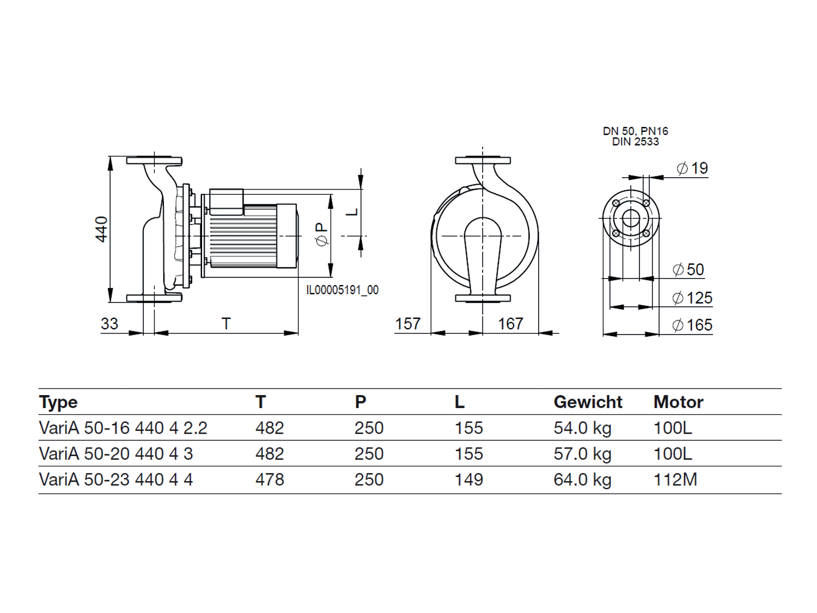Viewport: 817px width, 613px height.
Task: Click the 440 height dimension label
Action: pos(102,229)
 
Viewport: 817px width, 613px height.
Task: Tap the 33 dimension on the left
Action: pos(109,324)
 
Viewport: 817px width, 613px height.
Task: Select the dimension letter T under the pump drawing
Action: pos(226,324)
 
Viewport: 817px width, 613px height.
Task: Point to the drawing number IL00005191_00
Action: pos(342,290)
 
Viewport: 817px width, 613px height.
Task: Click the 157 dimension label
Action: pos(407,324)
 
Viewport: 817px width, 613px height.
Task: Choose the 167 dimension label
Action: pos(510,324)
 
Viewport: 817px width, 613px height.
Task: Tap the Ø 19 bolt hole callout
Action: pos(692,168)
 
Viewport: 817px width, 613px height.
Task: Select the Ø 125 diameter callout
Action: pos(692,298)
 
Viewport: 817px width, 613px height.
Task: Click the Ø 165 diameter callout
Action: pos(692,325)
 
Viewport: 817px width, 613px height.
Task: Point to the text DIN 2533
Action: pos(636,142)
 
